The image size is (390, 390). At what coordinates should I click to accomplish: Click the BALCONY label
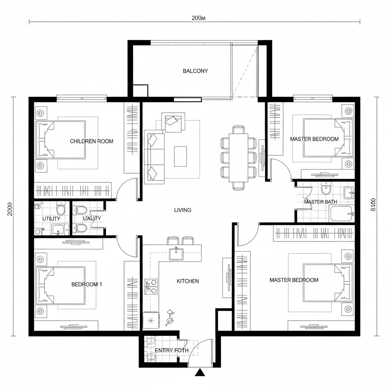click(195, 71)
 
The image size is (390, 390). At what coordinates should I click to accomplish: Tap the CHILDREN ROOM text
click(91, 141)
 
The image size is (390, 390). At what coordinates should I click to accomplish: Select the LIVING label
click(183, 210)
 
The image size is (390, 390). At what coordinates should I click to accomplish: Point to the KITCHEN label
click(188, 281)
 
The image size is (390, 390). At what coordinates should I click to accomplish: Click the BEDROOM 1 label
click(87, 284)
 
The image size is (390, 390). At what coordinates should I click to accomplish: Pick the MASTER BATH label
click(320, 202)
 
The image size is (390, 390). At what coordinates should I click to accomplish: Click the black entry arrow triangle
click(200, 372)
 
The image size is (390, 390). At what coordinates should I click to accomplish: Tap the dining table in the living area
click(238, 158)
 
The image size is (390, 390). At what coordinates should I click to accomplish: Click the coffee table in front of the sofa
click(181, 156)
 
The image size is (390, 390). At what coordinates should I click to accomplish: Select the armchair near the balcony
click(173, 121)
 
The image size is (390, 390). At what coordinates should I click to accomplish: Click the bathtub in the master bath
click(342, 214)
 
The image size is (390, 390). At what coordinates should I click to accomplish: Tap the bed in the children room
click(61, 139)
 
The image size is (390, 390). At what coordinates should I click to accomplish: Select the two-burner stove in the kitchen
click(151, 286)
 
